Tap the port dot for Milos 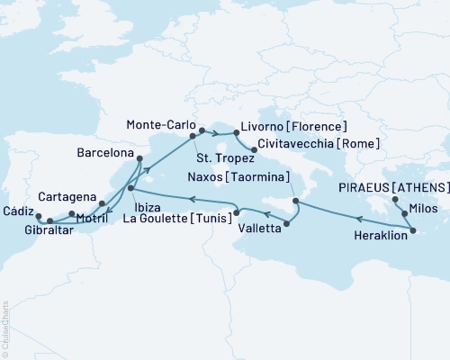point(405,214)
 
